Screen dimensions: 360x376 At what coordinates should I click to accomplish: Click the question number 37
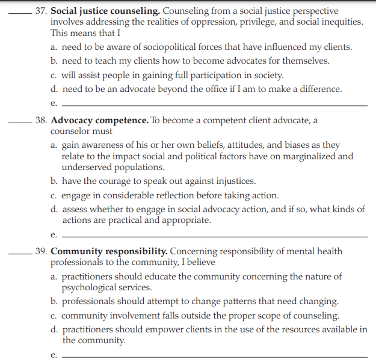click(x=40, y=11)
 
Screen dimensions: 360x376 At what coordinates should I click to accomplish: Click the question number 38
click(x=40, y=120)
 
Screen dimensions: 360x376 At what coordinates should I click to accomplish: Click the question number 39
click(x=40, y=251)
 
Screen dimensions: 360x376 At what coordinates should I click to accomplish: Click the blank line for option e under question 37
click(x=214, y=105)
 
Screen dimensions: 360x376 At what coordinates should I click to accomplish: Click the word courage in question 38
click(x=124, y=181)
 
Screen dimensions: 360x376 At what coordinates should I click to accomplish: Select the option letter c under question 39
click(x=54, y=316)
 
